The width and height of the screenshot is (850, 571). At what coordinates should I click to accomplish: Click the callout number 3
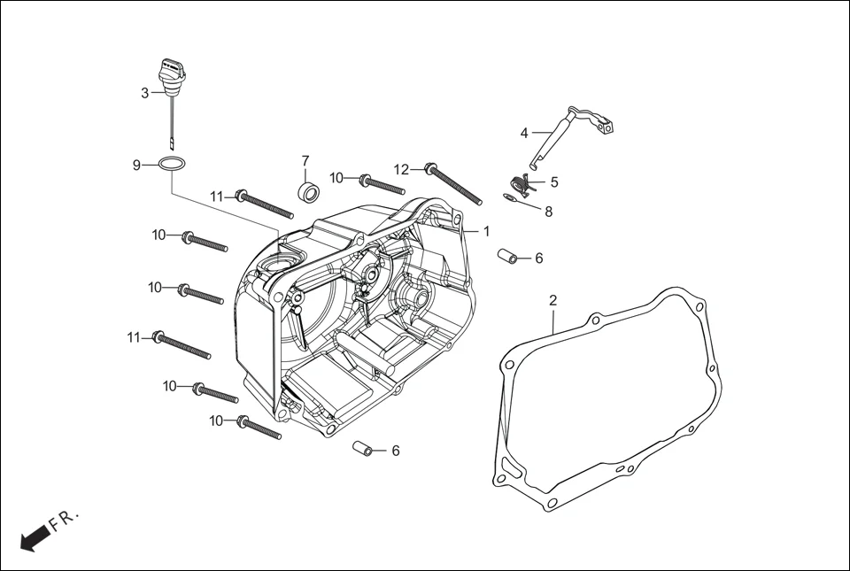145,93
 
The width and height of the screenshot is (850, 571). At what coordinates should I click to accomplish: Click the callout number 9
136,165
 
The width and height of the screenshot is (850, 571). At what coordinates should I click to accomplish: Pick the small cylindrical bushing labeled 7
306,192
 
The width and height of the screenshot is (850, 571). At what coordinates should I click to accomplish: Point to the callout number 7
305,161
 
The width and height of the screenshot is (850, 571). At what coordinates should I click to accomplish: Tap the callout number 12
402,169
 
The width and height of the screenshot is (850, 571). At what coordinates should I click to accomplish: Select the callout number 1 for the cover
486,230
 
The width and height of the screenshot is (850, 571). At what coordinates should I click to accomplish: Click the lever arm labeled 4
567,133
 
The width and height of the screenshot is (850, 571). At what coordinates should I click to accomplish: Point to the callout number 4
524,133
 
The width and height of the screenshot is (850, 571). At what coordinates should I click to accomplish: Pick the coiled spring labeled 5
526,184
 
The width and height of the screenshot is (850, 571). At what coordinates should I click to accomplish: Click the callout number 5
554,182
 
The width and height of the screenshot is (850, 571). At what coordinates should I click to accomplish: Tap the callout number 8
549,212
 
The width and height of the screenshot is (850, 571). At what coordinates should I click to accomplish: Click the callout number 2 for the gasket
552,300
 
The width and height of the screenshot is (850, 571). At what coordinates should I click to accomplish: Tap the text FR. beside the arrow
66,520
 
